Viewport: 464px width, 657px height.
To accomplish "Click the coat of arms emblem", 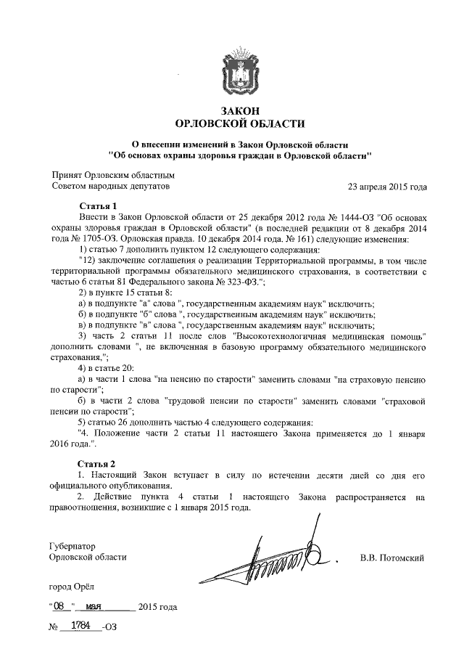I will pos(240,75).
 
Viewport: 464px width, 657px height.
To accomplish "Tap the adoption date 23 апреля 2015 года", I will pos(387,186).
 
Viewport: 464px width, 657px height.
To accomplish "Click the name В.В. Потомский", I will pos(391,558).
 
